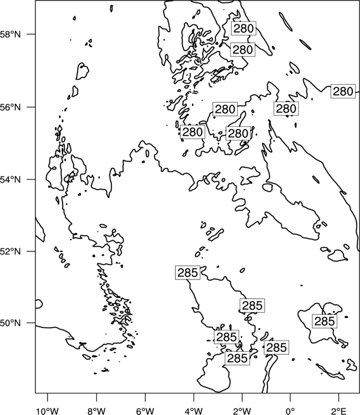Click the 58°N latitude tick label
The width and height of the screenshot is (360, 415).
coord(11,34)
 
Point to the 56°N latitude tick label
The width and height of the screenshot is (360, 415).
coord(11,107)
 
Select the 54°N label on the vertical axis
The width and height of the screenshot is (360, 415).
coord(11,180)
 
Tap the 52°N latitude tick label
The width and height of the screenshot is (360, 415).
coord(11,251)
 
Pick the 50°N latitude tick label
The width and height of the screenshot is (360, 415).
coord(11,323)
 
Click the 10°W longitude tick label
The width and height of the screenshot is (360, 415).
coord(48,411)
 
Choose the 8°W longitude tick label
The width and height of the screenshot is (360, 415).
coord(96,411)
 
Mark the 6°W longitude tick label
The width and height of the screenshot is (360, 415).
coord(145,411)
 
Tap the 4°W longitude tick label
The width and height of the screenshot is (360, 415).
coord(194,411)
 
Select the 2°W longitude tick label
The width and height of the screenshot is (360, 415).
coord(242,411)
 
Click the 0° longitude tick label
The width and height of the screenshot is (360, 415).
coord(290,411)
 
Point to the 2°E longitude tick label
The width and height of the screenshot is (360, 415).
coord(339,411)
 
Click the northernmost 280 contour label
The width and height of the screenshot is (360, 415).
coord(244,28)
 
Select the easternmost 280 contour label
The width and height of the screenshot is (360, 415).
coord(343,91)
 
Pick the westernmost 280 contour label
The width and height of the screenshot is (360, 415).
coord(193,132)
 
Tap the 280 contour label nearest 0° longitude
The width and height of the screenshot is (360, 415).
coord(286,108)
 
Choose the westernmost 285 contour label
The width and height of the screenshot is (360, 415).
coord(188,273)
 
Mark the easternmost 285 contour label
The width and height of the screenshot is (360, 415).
coord(325,321)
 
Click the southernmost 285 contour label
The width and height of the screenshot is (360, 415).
coord(238,359)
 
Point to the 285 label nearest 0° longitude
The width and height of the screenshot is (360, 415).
coord(276,347)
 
